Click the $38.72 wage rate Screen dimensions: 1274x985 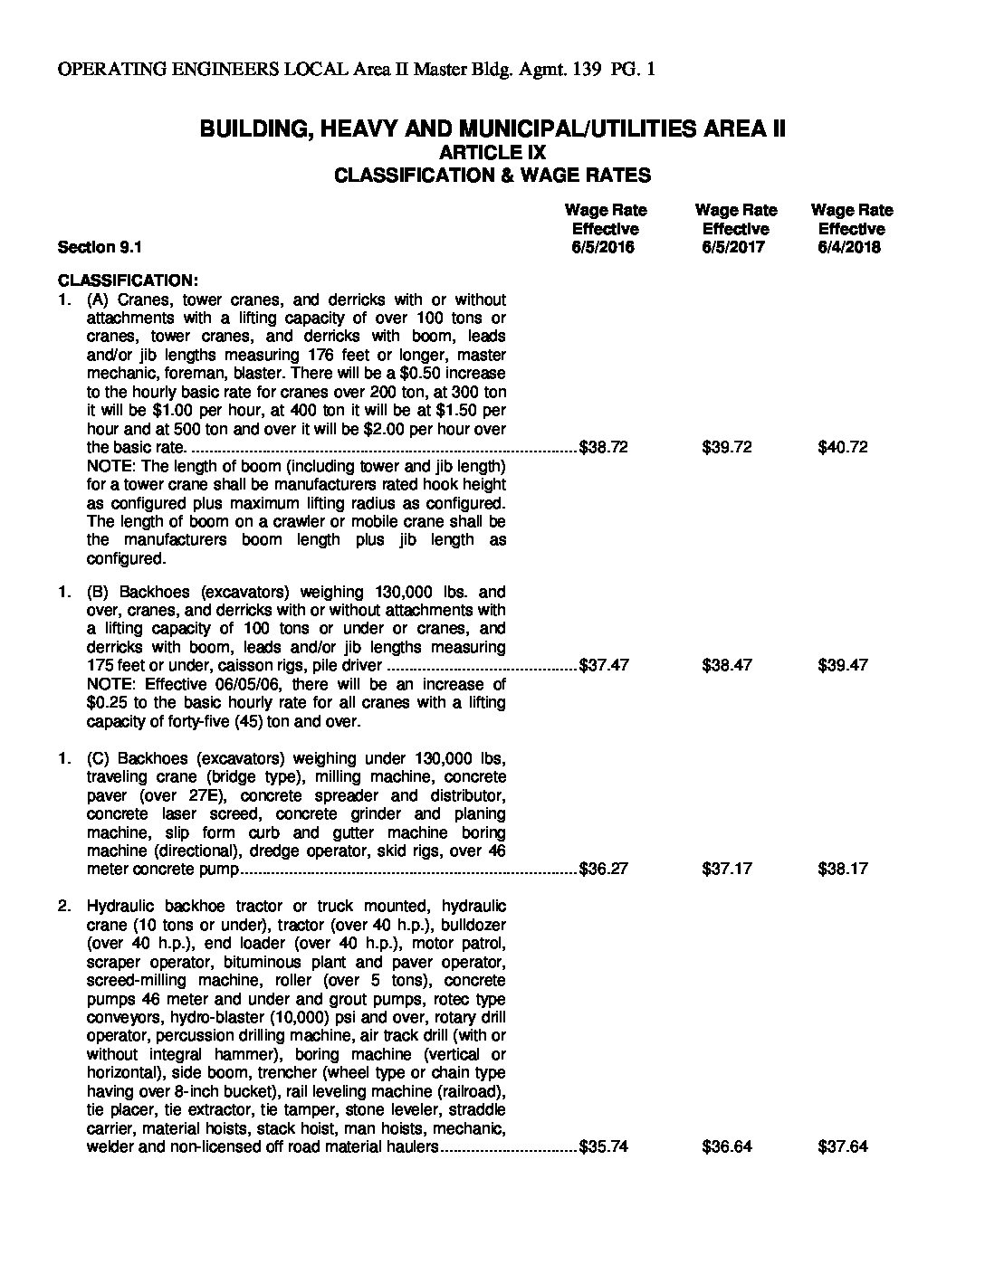click(604, 447)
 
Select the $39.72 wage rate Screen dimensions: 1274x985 click(727, 447)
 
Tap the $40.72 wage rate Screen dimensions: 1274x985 click(843, 447)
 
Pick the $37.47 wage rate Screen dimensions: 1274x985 click(604, 665)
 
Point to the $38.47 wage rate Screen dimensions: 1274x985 click(727, 665)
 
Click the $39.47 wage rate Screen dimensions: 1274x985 click(843, 665)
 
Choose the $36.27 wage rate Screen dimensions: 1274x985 click(604, 869)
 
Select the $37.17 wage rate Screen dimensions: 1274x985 click(727, 869)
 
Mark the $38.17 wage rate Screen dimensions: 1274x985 click(843, 869)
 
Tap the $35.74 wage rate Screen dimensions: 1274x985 click(604, 1146)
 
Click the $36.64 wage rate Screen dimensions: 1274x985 click(727, 1146)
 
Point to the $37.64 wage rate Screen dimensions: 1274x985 click(843, 1146)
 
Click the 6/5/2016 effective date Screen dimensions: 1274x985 click(604, 247)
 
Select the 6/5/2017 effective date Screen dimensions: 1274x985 click(733, 247)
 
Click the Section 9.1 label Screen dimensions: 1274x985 click(100, 247)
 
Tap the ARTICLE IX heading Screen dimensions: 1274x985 click(492, 152)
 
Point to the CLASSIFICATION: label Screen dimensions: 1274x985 click(127, 280)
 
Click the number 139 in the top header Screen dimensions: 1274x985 click(588, 70)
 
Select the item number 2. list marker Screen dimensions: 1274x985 click(64, 906)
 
